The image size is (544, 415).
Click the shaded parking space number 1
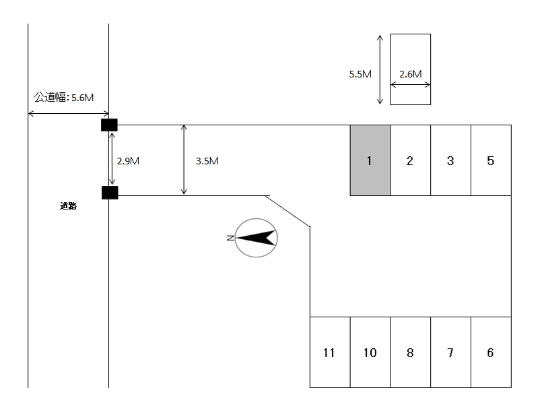tap(370, 160)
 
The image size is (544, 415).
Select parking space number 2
tap(411, 160)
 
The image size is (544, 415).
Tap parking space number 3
tap(450, 160)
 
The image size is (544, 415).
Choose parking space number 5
tap(491, 160)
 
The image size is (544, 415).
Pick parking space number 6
tap(491, 352)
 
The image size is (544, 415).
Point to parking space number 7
tap(450, 352)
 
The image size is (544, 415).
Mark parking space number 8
tap(411, 352)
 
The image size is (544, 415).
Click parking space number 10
tap(370, 352)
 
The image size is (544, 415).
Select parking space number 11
tap(330, 352)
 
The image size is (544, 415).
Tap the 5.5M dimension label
tap(360, 74)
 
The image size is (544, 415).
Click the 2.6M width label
tap(411, 74)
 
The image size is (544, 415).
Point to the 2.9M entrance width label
tap(128, 161)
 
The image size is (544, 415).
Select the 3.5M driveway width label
tap(207, 161)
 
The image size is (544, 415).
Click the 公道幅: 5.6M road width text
tap(64, 97)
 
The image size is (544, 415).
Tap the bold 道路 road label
tap(68, 206)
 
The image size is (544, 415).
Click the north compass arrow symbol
tap(256, 238)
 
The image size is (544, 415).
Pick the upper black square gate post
tap(109, 125)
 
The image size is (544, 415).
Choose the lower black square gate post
tap(110, 193)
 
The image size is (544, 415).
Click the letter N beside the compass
tap(230, 238)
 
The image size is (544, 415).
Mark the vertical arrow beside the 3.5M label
tap(184, 160)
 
